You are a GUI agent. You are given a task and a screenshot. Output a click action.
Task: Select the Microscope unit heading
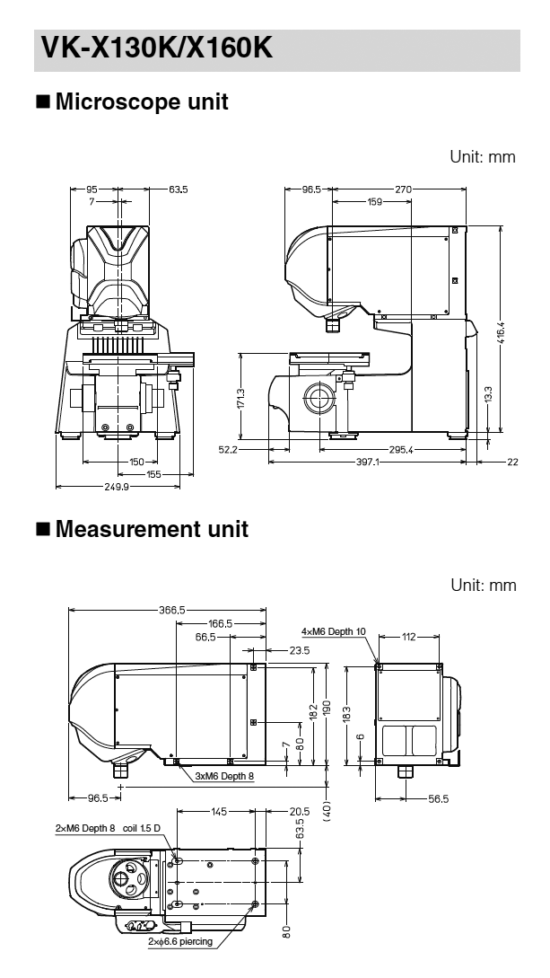pyautogui.click(x=141, y=101)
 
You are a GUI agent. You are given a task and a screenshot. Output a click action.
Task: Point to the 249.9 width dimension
pyautogui.click(x=118, y=486)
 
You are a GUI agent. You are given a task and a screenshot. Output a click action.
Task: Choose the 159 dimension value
pyautogui.click(x=372, y=202)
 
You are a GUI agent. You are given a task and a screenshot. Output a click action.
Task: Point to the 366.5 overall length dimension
pyautogui.click(x=171, y=610)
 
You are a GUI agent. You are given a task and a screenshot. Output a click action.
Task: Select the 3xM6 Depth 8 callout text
pyautogui.click(x=223, y=774)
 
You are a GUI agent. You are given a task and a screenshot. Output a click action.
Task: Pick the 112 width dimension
pyautogui.click(x=409, y=637)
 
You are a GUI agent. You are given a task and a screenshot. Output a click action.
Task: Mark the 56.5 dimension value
pyautogui.click(x=438, y=797)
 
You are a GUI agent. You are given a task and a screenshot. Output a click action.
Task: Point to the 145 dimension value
pyautogui.click(x=217, y=811)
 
